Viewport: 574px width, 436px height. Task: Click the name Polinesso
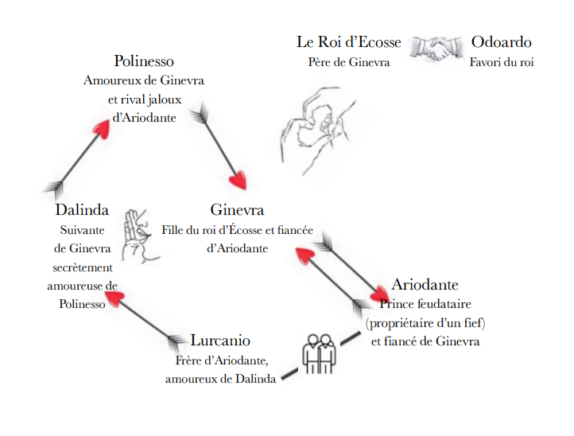pos(144,61)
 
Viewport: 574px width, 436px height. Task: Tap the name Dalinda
pos(82,211)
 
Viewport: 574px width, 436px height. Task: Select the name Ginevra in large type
pos(237,211)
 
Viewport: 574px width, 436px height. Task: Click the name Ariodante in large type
pos(425,285)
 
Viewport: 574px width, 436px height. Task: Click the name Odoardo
pos(501,43)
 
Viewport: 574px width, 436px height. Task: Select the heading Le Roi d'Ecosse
pos(348,43)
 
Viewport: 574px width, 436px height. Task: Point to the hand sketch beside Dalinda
pos(142,234)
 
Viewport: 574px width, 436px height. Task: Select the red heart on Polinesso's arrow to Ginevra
pos(238,180)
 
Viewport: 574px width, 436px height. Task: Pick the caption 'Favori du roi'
pos(501,62)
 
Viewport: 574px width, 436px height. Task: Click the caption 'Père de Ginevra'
pos(348,62)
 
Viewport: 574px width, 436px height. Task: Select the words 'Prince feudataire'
pos(425,304)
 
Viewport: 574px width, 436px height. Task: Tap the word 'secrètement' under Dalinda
pos(82,268)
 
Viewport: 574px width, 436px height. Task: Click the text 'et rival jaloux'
pos(144,100)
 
